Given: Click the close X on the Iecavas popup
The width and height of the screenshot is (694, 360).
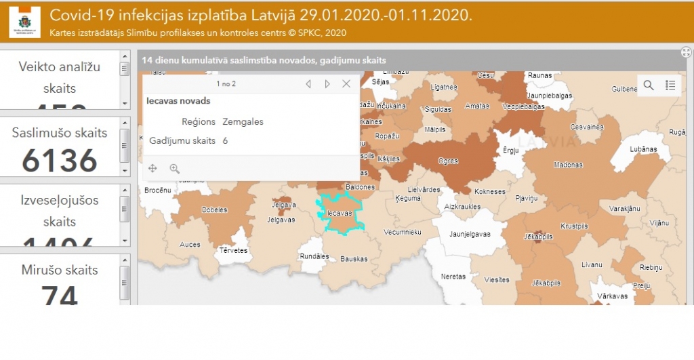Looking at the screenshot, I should pos(346,84).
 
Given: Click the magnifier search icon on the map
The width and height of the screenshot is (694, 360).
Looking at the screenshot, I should pos(649,85).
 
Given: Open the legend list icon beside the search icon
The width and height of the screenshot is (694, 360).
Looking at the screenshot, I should pos(670,85).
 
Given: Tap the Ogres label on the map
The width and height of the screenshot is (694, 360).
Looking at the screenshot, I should pos(449,161).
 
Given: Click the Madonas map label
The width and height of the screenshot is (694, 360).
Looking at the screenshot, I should pos(568,165).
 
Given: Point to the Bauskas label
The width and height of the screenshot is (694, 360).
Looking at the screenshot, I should pos(354,259).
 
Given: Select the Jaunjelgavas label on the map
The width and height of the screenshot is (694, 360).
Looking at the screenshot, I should pos(470,235).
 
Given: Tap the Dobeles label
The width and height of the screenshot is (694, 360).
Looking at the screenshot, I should pos(215,210).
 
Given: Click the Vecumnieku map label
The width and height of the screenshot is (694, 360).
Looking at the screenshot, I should pos(403,232).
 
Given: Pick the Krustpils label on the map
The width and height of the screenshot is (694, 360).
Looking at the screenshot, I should pos(574,226).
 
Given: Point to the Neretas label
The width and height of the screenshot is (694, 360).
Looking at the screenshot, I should pos(453,277).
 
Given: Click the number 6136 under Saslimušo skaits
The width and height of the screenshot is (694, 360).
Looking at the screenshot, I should pos(60,161).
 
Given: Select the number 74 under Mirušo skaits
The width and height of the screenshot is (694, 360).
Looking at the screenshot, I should pos(60,294).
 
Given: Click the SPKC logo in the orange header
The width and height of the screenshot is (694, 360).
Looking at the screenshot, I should pos(25,22).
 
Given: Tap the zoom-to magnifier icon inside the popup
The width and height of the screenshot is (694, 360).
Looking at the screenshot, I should pos(174,168).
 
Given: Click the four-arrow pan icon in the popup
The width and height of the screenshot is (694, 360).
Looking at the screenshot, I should pos(152,168).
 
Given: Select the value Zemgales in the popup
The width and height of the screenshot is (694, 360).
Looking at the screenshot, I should pos(243,122).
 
